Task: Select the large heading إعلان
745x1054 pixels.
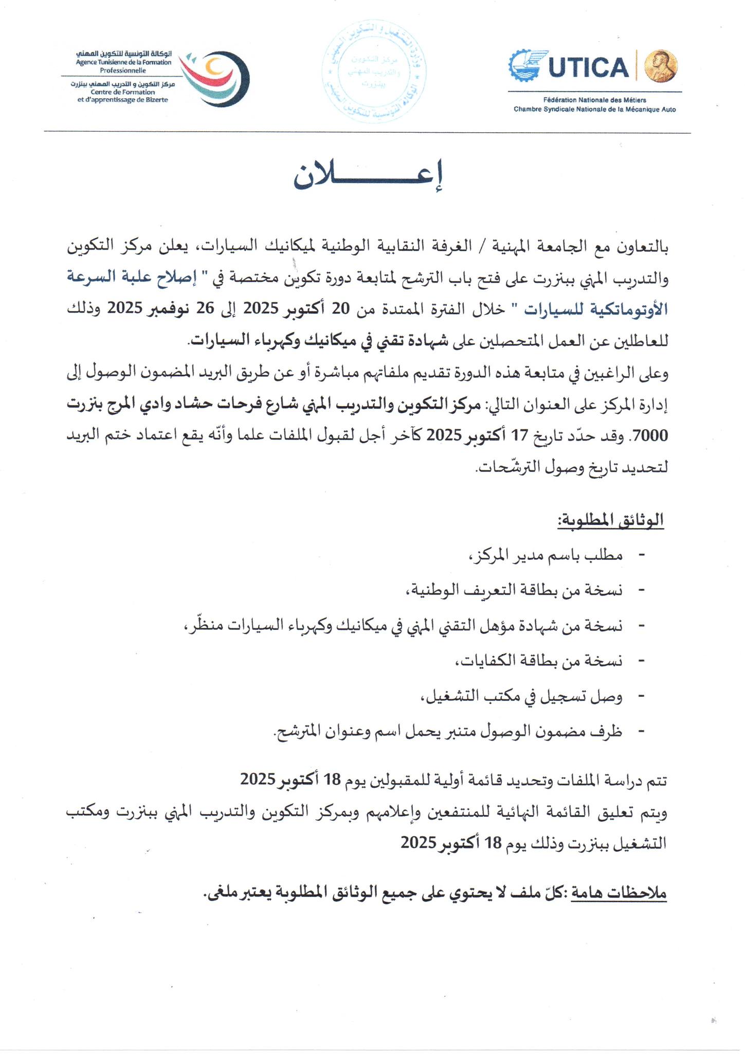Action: coord(368,178)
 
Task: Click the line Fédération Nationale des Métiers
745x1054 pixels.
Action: coord(594,100)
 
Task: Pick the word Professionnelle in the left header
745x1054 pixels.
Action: coord(123,71)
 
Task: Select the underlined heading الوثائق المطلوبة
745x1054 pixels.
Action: coord(610,520)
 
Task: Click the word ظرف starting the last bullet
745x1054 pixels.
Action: coord(609,731)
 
